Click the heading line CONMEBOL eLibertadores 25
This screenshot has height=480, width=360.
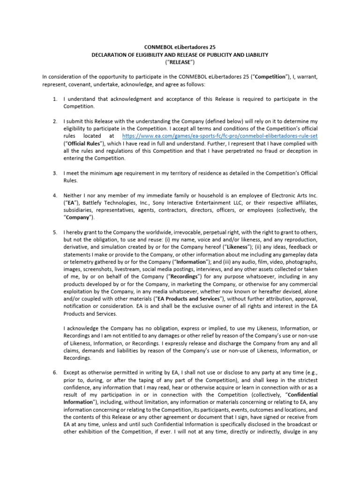click(180, 48)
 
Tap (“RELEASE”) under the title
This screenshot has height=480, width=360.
click(180, 62)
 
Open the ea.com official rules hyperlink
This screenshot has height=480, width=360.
click(219, 136)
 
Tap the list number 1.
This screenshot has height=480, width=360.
click(54, 99)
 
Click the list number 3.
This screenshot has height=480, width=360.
click(54, 173)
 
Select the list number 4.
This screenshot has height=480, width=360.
click(54, 195)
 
